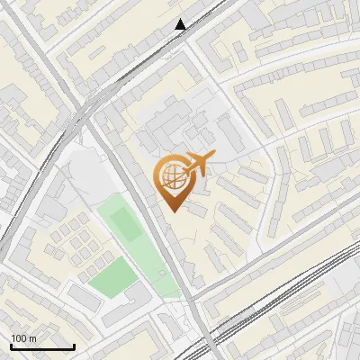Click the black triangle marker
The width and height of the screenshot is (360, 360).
181,24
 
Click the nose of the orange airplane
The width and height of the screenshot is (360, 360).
211,157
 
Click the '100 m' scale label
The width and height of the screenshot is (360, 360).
23,338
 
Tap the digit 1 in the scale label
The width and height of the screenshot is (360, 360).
13,338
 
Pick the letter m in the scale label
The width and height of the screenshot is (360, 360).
32,338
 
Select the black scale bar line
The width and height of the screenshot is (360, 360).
41,346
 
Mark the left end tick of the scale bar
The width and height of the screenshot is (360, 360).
11,345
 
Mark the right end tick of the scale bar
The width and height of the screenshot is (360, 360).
73,345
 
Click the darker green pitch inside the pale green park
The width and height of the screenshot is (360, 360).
127,225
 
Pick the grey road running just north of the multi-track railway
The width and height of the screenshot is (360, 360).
270,261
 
